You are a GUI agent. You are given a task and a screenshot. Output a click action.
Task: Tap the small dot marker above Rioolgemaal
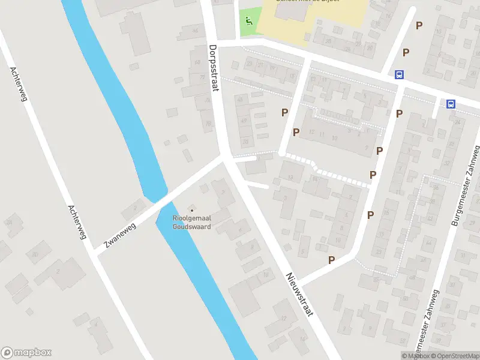(192, 210)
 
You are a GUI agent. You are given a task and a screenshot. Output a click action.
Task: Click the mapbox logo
(26, 353)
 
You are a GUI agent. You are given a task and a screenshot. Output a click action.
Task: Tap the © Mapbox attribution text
(415, 356)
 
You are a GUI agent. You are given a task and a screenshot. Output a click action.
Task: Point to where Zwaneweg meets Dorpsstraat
(224, 157)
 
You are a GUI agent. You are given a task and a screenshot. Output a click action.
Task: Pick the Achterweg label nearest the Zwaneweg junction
(77, 221)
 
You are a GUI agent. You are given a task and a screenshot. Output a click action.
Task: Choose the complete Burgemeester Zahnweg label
(467, 185)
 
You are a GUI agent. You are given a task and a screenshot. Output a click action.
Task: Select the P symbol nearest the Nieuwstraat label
(331, 260)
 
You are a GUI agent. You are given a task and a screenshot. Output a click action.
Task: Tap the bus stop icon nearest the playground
(398, 74)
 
